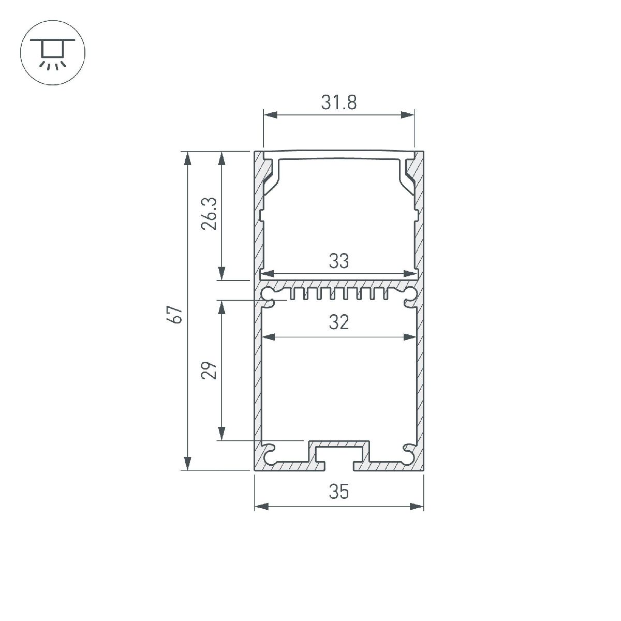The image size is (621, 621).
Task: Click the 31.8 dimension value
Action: pyautogui.click(x=339, y=102)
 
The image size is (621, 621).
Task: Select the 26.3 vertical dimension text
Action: pyautogui.click(x=209, y=214)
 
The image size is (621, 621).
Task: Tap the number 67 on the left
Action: pyautogui.click(x=177, y=315)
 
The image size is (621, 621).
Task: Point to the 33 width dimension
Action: pyautogui.click(x=339, y=261)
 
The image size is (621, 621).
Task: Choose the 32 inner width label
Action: pyautogui.click(x=339, y=323)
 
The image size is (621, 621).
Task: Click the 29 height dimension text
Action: pyautogui.click(x=209, y=371)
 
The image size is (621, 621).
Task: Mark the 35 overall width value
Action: pyautogui.click(x=339, y=492)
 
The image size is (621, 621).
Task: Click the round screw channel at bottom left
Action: pyautogui.click(x=270, y=454)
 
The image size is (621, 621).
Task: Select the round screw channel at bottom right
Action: pyautogui.click(x=408, y=454)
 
